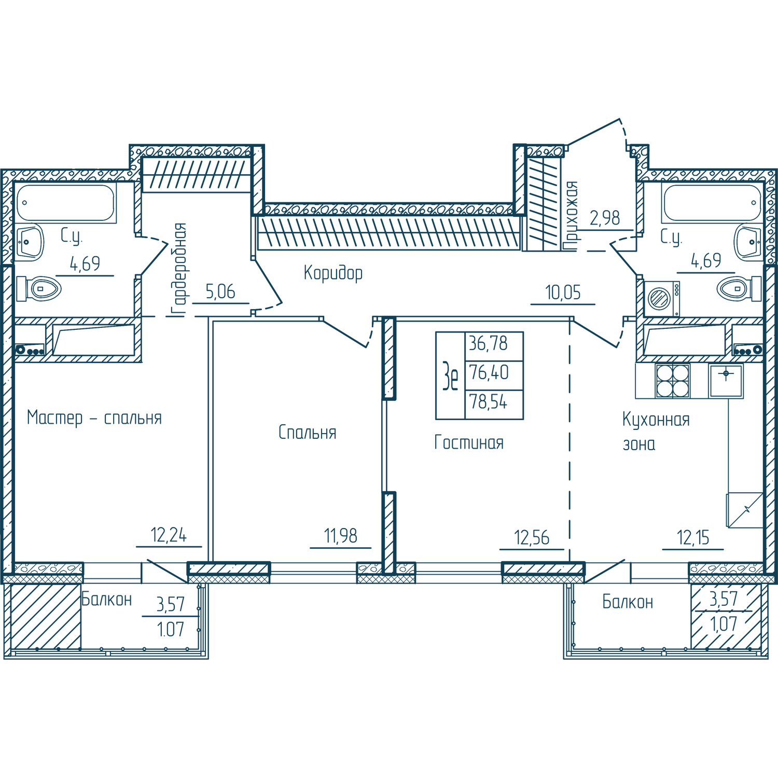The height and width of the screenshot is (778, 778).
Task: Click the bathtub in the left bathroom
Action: pyautogui.click(x=65, y=203)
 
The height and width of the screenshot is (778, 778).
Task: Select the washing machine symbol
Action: pyautogui.click(x=662, y=299)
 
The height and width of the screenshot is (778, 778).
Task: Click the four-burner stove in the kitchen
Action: pyautogui.click(x=673, y=381)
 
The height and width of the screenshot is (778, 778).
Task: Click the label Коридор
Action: pyautogui.click(x=333, y=273)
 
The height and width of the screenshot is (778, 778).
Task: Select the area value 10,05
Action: pyautogui.click(x=563, y=293)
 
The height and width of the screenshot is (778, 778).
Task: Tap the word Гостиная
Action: pyautogui.click(x=469, y=442)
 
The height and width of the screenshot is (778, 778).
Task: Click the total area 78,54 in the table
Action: pyautogui.click(x=489, y=402)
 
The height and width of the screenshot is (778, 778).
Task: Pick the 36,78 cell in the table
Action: pyautogui.click(x=489, y=343)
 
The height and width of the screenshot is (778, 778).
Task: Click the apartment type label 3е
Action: pyautogui.click(x=450, y=376)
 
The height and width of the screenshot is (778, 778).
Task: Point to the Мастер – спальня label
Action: pyautogui.click(x=94, y=418)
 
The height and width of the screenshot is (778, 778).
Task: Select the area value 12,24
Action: pyautogui.click(x=169, y=535)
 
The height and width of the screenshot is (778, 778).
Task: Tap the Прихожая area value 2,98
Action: pyautogui.click(x=605, y=218)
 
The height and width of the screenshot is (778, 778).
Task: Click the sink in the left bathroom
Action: pyautogui.click(x=30, y=242)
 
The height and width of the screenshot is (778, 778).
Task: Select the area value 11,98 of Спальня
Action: pyautogui.click(x=341, y=536)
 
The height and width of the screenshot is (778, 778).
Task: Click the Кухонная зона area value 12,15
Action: pyautogui.click(x=693, y=537)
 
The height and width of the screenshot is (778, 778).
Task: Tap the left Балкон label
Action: pyautogui.click(x=107, y=600)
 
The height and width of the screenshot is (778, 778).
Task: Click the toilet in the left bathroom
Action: pyautogui.click(x=39, y=288)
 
